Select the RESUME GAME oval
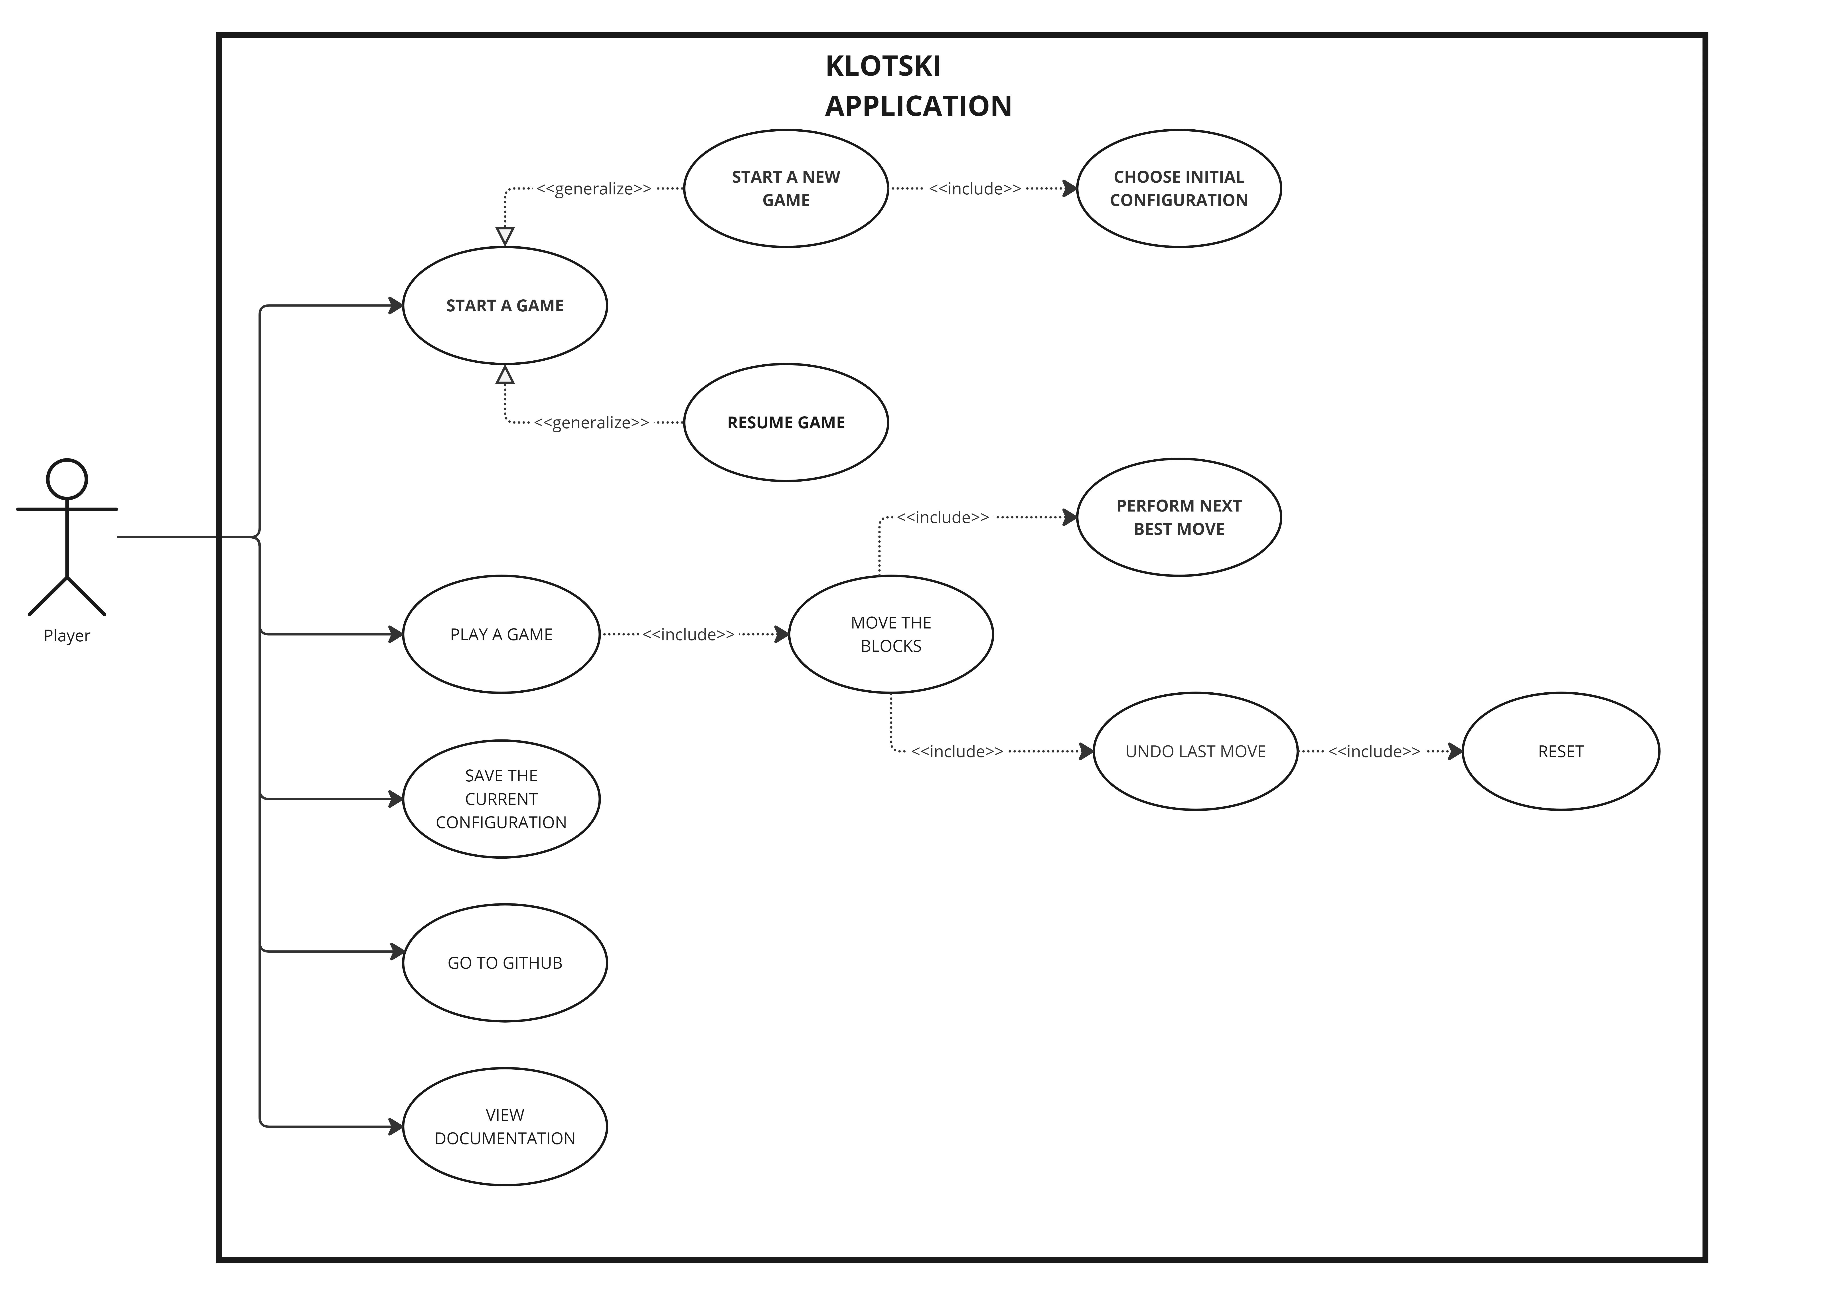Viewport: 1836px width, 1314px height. (785, 422)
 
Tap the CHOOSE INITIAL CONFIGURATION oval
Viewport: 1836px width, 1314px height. (1179, 189)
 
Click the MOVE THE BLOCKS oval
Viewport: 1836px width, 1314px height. (890, 634)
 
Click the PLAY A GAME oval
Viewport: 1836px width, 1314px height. (501, 634)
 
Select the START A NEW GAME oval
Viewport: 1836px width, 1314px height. (785, 189)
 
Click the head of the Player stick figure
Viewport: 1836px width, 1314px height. (67, 479)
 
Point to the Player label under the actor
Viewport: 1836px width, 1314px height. (67, 636)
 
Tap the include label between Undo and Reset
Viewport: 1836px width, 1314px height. (1373, 752)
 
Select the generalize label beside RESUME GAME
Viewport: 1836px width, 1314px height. (591, 422)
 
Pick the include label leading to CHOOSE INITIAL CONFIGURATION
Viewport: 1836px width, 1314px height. (975, 189)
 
